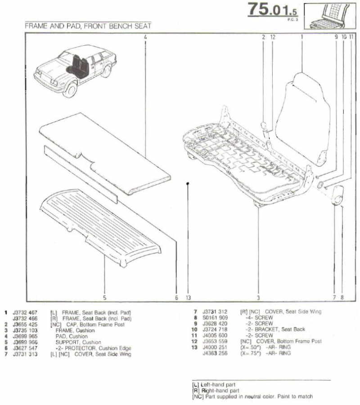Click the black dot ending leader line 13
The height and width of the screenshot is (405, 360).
point(188,183)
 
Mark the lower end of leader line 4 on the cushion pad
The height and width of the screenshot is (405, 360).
point(145,158)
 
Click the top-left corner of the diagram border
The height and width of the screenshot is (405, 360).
point(26,33)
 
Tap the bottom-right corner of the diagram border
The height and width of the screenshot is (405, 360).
point(355,301)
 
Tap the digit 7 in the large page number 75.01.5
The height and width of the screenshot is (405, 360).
point(253,9)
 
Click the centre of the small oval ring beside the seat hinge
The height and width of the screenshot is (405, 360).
point(320,185)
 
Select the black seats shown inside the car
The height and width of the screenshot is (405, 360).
point(77,67)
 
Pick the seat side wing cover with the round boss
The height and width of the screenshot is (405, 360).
point(337,195)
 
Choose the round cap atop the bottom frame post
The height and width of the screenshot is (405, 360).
point(264,125)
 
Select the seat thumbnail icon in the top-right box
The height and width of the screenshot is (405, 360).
point(330,16)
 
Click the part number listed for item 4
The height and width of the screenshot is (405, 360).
point(25,336)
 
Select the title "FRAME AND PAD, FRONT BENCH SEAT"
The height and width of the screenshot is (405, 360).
point(88,26)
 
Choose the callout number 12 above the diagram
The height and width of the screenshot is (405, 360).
point(273,37)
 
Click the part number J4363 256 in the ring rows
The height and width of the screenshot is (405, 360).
point(215,353)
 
